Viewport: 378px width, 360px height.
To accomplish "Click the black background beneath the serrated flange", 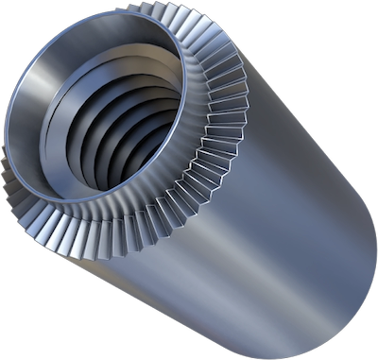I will click(x=38, y=302).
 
